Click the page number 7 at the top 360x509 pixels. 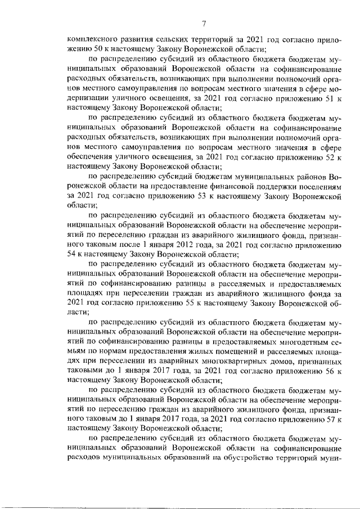[204, 23]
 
